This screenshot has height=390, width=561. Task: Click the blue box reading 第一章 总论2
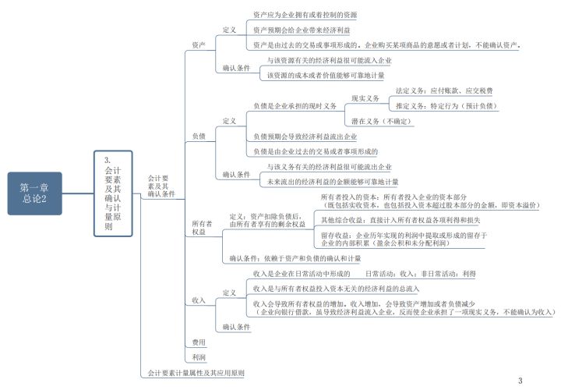34,193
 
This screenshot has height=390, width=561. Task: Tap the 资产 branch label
199,45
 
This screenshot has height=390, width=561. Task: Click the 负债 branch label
199,136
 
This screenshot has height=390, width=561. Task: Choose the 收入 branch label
199,300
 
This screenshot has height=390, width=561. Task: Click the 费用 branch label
199,342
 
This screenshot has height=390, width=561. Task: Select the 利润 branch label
199,357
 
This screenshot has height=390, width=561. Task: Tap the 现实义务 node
365,98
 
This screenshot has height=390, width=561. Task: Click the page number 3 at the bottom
520,380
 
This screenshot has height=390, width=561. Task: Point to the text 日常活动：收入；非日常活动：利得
421,274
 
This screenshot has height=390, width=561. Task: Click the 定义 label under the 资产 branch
229,30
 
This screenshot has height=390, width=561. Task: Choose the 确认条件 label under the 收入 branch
237,327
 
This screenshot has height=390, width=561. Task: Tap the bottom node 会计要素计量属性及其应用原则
196,374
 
